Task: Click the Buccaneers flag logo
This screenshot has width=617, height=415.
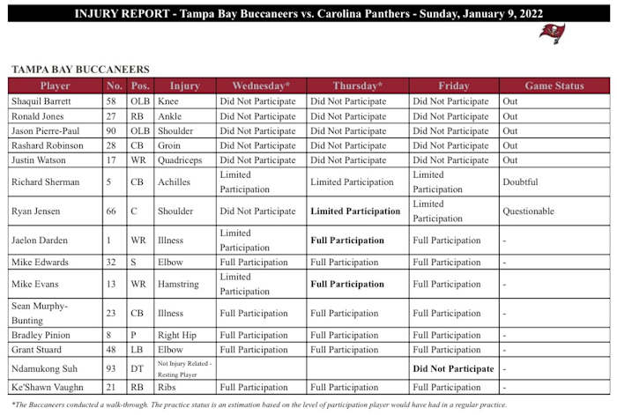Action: coord(553,33)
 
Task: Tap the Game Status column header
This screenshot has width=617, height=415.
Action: coord(554,86)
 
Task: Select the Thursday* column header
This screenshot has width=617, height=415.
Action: coord(357,86)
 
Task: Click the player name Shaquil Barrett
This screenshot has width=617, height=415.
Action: coord(41,101)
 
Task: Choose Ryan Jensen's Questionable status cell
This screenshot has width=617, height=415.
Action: coord(528,211)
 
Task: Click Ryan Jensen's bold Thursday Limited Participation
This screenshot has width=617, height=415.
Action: coord(355,211)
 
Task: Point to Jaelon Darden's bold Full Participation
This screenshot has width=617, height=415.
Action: coord(347,241)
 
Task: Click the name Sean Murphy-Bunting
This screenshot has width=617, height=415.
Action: coord(41,313)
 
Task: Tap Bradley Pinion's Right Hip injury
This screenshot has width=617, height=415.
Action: coord(180,336)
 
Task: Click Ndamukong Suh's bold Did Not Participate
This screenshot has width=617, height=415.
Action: coord(453,368)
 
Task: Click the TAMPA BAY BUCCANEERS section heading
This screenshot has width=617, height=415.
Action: coord(80,69)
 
